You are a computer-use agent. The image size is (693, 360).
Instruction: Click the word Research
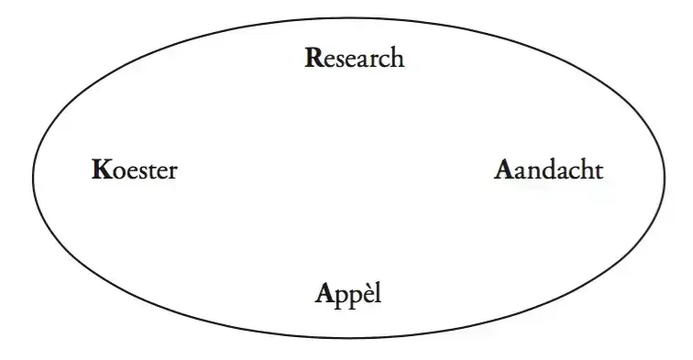tap(354, 59)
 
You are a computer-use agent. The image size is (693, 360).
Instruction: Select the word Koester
tap(134, 170)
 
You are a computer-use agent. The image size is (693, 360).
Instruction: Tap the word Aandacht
tap(549, 170)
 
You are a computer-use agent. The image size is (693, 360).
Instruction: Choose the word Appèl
tap(347, 295)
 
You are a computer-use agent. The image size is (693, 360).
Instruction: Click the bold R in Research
tap(312, 59)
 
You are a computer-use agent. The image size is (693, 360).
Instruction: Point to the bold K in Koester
tap(100, 170)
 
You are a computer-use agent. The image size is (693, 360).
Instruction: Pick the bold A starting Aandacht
tap(502, 170)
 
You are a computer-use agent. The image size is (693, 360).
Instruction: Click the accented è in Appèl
tap(362, 296)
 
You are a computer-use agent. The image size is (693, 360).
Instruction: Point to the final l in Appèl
tap(375, 294)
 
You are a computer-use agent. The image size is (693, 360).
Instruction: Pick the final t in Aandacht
tap(599, 170)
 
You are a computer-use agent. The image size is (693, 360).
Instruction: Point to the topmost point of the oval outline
tap(348, 16)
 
